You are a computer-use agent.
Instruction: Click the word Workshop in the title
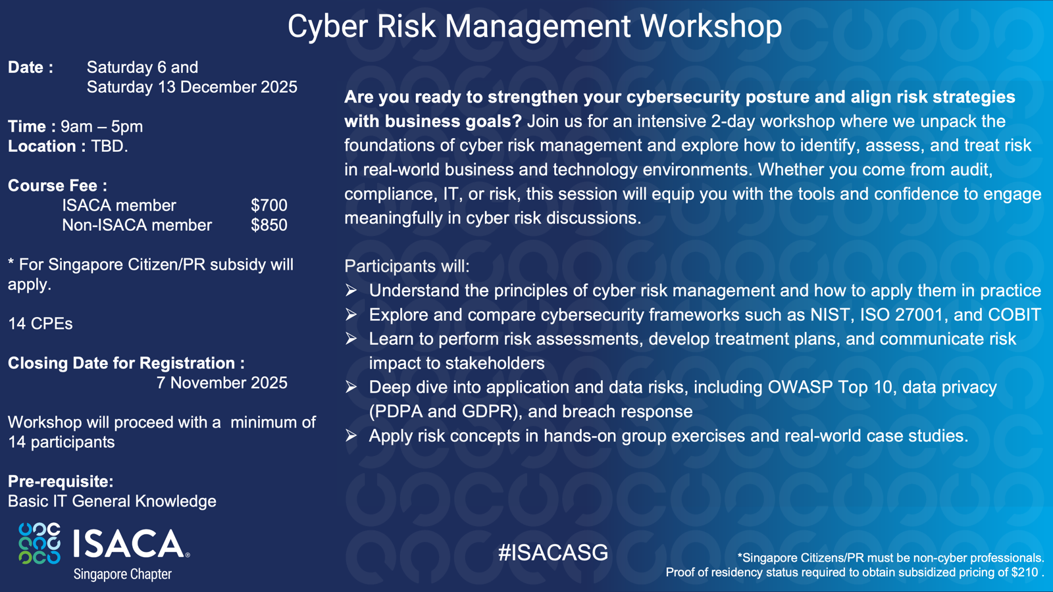pyautogui.click(x=711, y=26)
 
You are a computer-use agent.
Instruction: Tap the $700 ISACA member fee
pyautogui.click(x=269, y=205)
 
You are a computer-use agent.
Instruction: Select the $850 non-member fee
pyautogui.click(x=269, y=225)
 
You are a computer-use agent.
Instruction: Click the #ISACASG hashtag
pyautogui.click(x=553, y=553)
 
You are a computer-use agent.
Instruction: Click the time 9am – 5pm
pyautogui.click(x=102, y=126)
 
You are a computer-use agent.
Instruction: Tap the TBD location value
pyautogui.click(x=109, y=146)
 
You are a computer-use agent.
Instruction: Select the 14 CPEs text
pyautogui.click(x=40, y=324)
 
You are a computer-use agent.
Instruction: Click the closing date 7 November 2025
pyautogui.click(x=222, y=383)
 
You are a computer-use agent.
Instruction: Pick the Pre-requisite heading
pyautogui.click(x=61, y=481)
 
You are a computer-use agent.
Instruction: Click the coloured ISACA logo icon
pyautogui.click(x=39, y=543)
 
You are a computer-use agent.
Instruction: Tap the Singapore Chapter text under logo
pyautogui.click(x=122, y=574)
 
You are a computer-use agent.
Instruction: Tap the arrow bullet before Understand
pyautogui.click(x=351, y=290)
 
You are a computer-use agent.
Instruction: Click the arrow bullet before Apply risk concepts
pyautogui.click(x=351, y=435)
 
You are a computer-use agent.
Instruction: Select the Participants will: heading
pyautogui.click(x=407, y=266)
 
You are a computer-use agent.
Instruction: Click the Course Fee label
pyautogui.click(x=57, y=185)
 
